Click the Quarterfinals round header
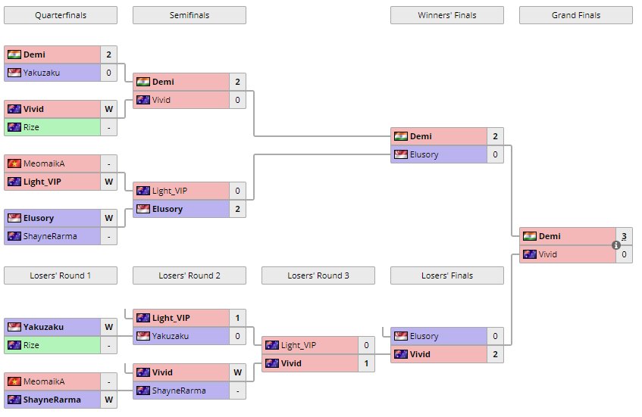[x=60, y=15]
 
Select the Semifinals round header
[x=189, y=15]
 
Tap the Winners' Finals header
[x=446, y=15]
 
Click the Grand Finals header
[x=575, y=15]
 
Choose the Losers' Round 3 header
[x=318, y=275]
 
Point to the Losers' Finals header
[x=446, y=275]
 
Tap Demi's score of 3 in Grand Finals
[x=624, y=236]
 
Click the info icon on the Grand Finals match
[x=616, y=245]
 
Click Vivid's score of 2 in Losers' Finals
[x=495, y=354]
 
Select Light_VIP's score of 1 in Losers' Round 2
[x=237, y=318]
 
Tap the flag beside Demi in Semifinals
[x=142, y=82]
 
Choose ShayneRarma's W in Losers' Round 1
[x=108, y=400]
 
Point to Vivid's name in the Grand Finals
[x=549, y=254]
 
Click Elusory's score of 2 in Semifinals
[x=237, y=209]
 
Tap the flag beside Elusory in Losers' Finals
[x=400, y=336]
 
